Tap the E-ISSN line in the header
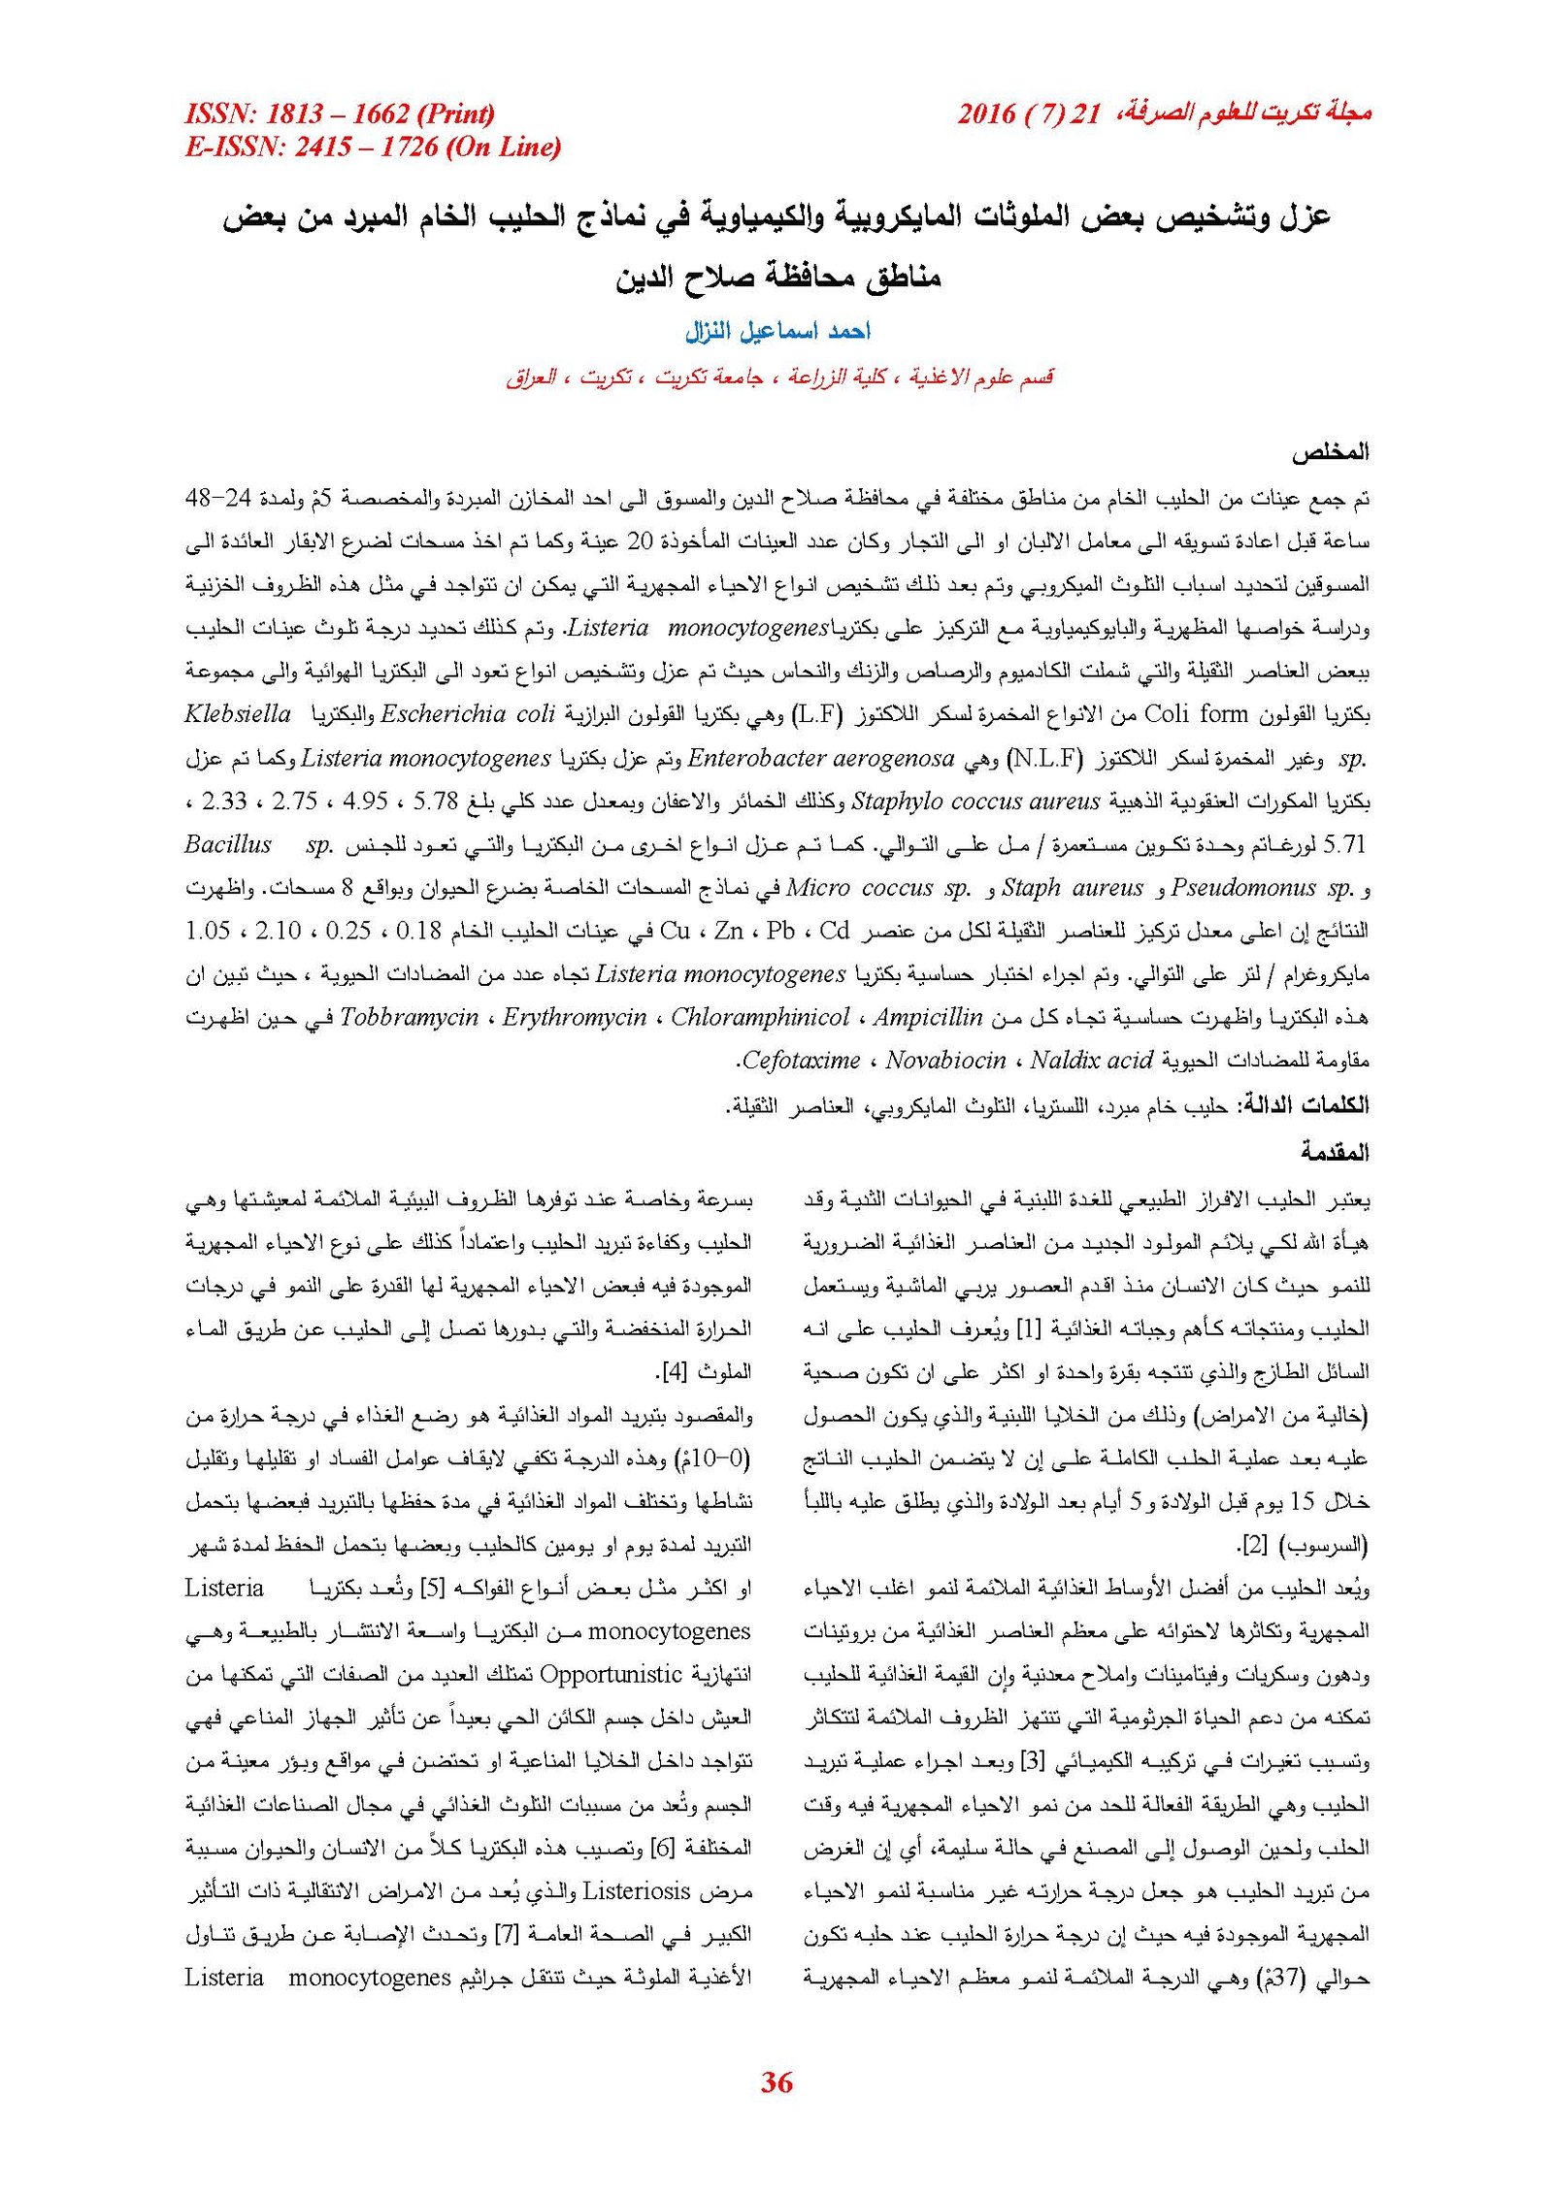(x=373, y=147)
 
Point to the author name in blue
(x=777, y=332)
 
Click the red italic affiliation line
(x=778, y=377)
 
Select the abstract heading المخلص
(x=1329, y=452)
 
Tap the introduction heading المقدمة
(x=1335, y=1153)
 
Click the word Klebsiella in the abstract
(x=238, y=714)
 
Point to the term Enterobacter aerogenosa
(x=820, y=758)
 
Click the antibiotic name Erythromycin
(x=574, y=1017)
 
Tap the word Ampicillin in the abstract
(x=927, y=1017)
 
